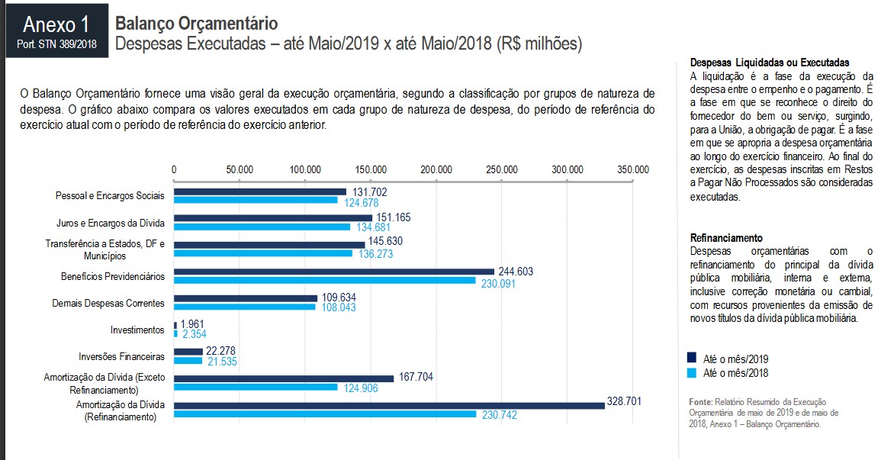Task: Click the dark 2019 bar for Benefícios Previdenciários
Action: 334,272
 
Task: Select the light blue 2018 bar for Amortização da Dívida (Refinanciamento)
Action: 325,414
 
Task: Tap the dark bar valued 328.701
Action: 389,405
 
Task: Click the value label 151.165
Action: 394,217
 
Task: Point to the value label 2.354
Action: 194,334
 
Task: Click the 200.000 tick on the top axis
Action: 436,169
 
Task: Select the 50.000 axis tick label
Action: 240,169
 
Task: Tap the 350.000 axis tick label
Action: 633,169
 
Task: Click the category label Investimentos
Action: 138,330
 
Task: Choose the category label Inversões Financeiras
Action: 121,356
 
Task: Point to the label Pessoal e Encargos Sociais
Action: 110,196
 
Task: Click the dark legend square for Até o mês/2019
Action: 692,358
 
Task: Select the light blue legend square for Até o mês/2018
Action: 692,373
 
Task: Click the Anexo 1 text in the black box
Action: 56,24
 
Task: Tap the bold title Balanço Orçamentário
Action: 196,24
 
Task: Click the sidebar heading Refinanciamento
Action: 726,238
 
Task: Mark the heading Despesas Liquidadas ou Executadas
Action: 769,63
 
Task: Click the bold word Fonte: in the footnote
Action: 700,401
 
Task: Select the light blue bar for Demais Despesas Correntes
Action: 244,307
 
